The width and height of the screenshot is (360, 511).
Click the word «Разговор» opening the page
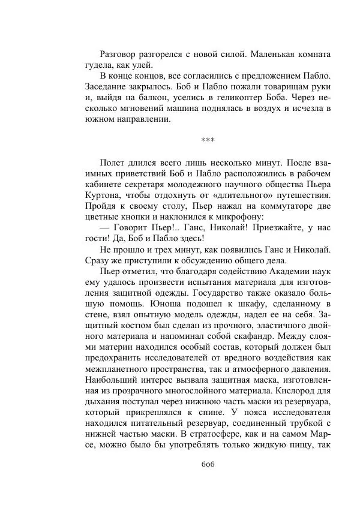(121, 55)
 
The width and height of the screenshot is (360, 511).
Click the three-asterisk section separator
(207, 140)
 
